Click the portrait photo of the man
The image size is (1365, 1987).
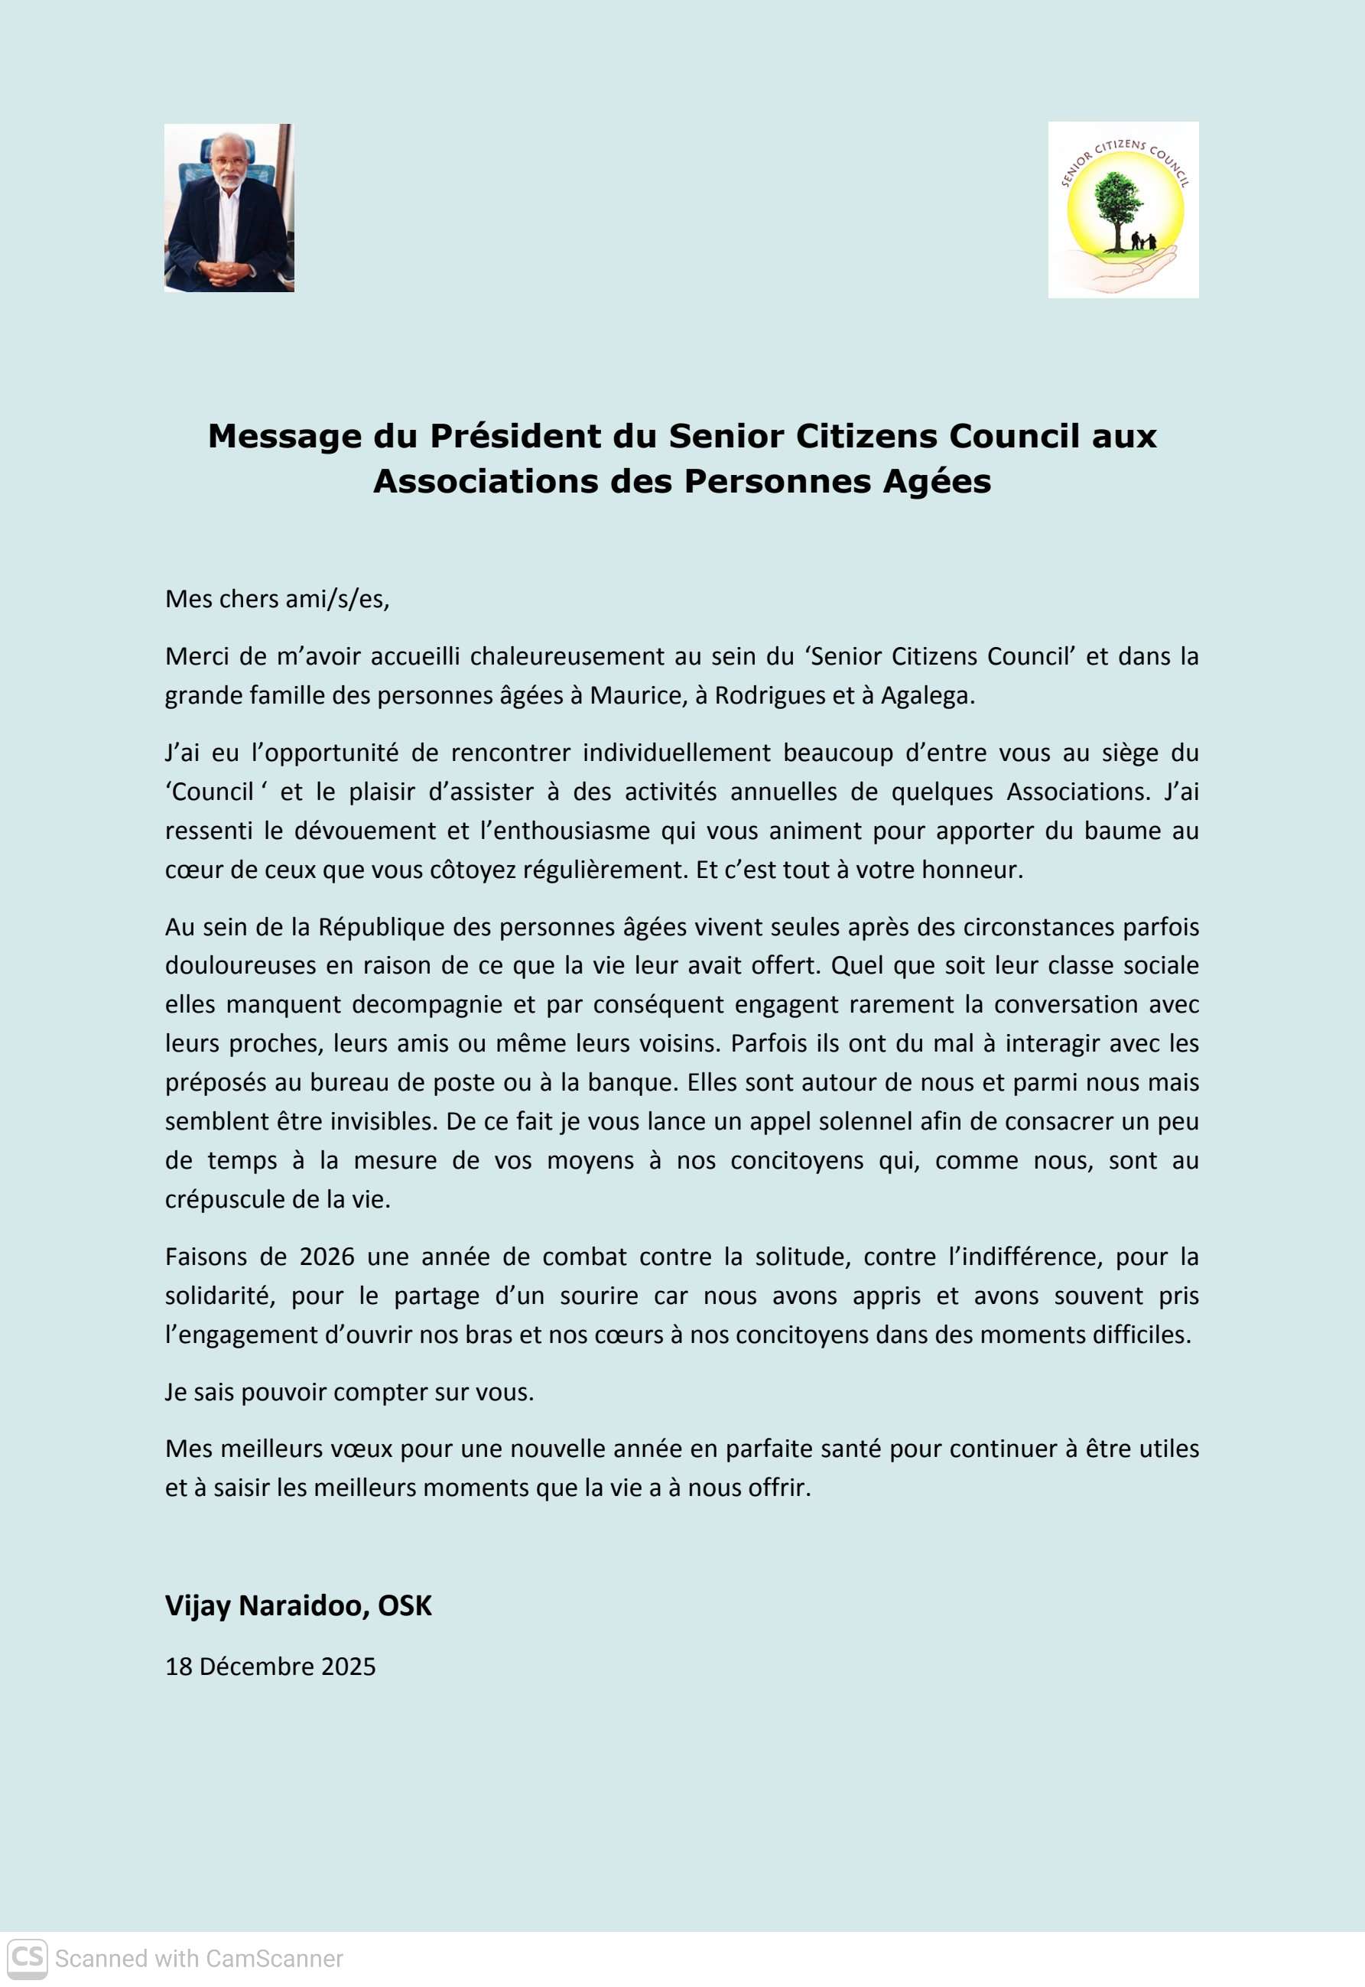click(229, 208)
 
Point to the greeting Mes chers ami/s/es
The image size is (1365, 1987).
click(277, 599)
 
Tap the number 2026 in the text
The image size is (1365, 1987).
click(327, 1257)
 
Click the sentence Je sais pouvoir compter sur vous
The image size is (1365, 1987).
click(349, 1392)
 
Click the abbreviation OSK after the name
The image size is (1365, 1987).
click(405, 1605)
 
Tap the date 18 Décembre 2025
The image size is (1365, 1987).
click(270, 1667)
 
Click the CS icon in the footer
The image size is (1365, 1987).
click(28, 1958)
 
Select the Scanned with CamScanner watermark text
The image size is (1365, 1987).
click(198, 1959)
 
